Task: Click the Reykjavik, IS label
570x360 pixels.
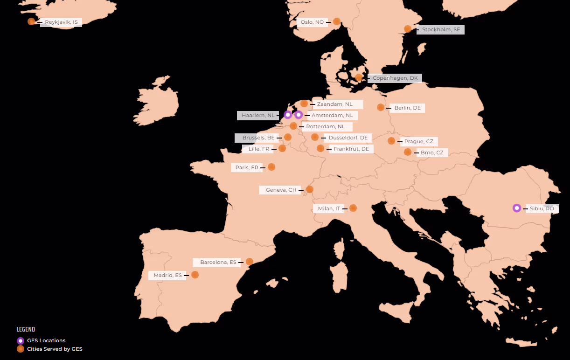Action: tap(61, 22)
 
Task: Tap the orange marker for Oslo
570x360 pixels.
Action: tap(336, 21)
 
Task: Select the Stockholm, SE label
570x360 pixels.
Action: tap(440, 29)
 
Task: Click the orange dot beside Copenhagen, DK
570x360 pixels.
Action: tap(359, 78)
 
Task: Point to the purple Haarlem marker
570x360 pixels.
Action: tap(288, 115)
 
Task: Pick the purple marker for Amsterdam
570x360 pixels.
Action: tap(299, 115)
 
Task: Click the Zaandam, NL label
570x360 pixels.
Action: tap(334, 104)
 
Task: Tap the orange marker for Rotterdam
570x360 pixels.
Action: tap(293, 126)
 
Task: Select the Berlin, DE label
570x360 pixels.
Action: tap(407, 108)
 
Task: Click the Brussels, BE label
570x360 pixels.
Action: tap(258, 138)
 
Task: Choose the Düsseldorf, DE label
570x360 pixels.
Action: tap(348, 138)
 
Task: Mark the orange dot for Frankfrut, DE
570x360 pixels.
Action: tap(320, 148)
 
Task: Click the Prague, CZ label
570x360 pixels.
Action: tap(418, 141)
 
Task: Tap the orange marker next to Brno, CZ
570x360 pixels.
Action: tap(408, 152)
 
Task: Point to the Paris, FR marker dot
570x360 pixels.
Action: tap(271, 167)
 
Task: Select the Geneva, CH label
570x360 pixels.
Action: tap(281, 190)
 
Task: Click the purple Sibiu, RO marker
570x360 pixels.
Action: tap(516, 208)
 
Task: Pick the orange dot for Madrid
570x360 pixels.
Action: tap(195, 275)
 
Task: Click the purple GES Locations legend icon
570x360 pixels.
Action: tap(21, 341)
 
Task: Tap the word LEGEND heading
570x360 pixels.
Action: tap(26, 330)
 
